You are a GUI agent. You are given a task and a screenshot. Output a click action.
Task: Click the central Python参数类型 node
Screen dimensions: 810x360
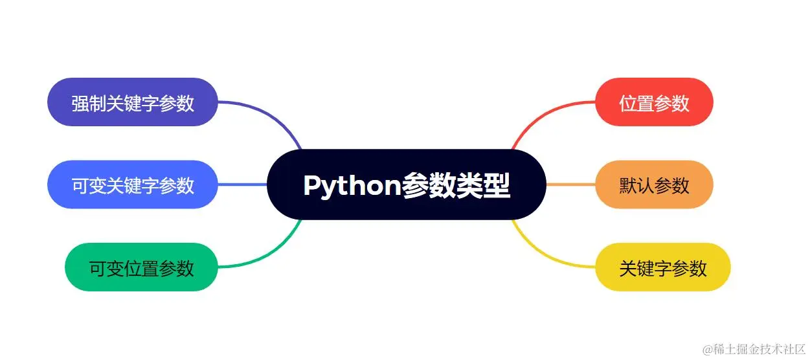point(406,185)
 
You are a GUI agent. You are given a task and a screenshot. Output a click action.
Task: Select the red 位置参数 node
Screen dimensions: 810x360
point(654,102)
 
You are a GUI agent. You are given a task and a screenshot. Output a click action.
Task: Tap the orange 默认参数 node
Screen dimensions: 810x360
point(654,185)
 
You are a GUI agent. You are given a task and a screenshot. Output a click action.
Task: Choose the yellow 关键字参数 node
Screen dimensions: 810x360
point(662,267)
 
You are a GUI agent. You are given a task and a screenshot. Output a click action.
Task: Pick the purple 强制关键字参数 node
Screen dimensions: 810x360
point(133,102)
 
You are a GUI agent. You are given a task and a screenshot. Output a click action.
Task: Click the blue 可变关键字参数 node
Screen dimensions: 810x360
point(133,185)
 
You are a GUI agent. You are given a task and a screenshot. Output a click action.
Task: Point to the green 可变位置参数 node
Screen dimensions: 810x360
point(141,267)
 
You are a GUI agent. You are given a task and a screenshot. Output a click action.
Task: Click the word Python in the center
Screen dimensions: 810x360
point(351,186)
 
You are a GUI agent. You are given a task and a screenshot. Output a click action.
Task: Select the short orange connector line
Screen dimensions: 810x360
point(570,185)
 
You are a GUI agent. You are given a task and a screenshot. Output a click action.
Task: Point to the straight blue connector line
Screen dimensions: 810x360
point(242,185)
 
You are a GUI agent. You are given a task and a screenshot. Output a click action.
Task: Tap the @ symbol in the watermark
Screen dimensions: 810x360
point(708,349)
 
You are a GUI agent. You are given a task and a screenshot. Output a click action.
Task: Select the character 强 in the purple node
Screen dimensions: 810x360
point(80,103)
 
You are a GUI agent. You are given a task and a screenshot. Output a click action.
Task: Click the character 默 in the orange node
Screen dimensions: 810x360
point(628,185)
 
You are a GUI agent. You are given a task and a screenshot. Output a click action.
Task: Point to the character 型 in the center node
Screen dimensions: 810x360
point(498,185)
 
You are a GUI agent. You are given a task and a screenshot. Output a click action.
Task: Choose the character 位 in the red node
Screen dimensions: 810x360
point(628,103)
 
